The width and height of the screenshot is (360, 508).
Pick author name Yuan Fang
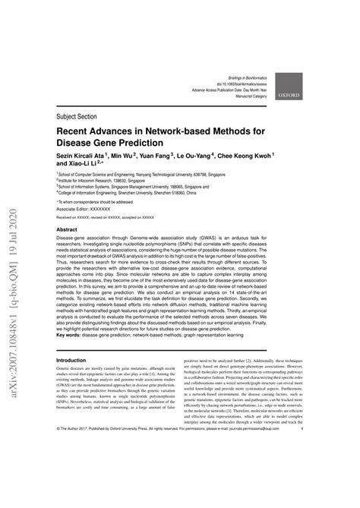click(x=156, y=156)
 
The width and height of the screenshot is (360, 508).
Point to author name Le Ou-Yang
click(x=199, y=156)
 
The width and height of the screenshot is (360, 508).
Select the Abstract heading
click(x=67, y=229)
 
